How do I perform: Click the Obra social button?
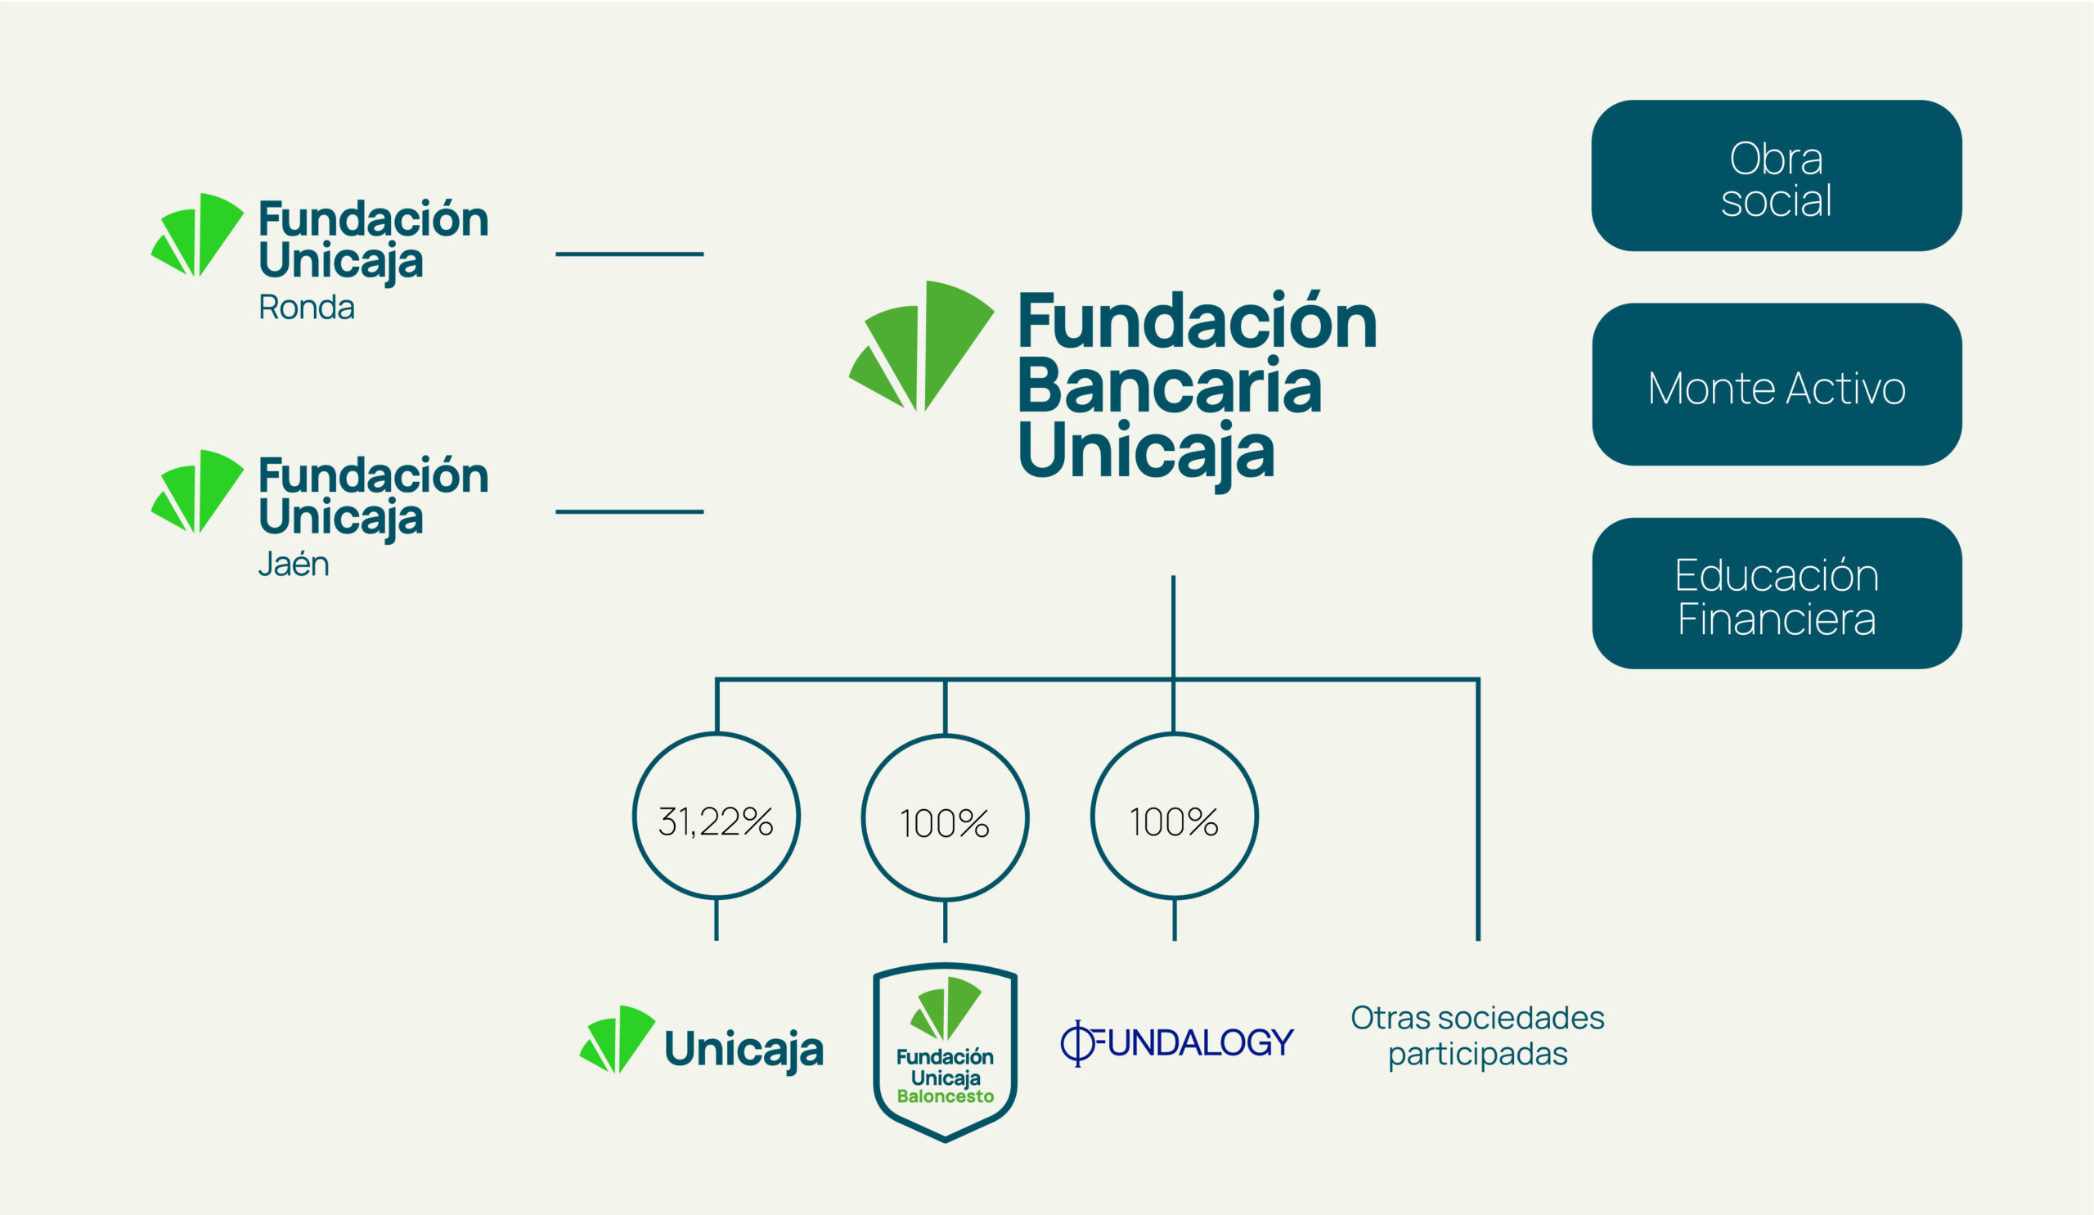tap(1776, 175)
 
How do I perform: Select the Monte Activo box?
tap(1777, 384)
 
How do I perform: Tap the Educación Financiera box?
tap(1777, 593)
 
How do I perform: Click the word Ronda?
tap(307, 308)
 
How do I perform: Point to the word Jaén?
tap(294, 564)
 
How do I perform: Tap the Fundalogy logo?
tap(1176, 1043)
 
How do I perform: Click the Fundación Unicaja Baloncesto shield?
tap(945, 1053)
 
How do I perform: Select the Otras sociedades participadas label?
tap(1477, 1036)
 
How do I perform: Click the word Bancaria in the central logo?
tap(1169, 386)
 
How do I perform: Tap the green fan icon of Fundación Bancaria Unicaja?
tap(921, 346)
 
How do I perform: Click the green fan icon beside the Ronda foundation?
tap(197, 234)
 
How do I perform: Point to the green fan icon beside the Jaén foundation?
tap(197, 491)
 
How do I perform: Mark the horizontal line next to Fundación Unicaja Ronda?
tap(629, 254)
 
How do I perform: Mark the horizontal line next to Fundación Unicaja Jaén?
tap(629, 512)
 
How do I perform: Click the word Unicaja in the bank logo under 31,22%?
tap(744, 1050)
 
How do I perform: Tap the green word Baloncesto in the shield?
tap(945, 1097)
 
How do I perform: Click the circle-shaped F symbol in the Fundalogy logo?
tap(1078, 1044)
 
